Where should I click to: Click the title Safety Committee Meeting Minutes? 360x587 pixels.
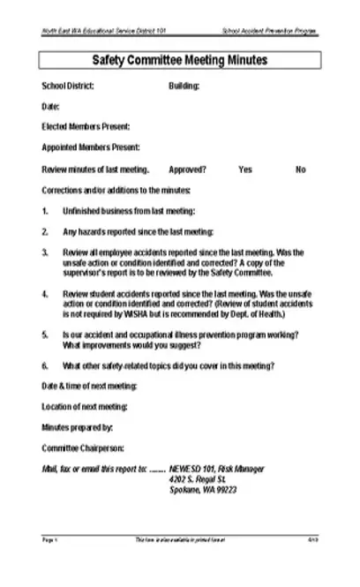(x=180, y=61)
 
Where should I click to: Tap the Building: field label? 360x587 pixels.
(x=184, y=87)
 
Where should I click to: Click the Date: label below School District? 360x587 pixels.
(x=50, y=107)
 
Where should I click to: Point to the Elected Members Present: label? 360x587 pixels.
(x=86, y=127)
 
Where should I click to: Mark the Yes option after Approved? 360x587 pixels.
(x=245, y=169)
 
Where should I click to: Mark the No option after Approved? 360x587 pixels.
(x=301, y=169)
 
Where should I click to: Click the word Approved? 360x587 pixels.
(x=187, y=169)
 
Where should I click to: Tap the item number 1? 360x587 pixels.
(x=45, y=211)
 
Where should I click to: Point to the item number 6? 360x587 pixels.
(x=45, y=365)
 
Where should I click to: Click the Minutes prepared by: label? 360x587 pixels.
(x=77, y=427)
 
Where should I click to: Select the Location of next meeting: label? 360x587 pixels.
(x=85, y=406)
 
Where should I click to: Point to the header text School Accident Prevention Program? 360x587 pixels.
(x=271, y=31)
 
